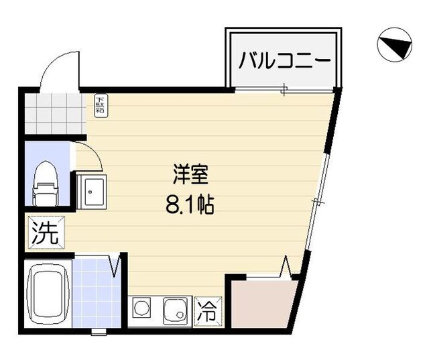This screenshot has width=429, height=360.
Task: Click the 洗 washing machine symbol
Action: pos(46,233)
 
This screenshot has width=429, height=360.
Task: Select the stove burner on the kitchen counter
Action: pos(142,310)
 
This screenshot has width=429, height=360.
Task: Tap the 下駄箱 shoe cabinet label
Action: pos(101,105)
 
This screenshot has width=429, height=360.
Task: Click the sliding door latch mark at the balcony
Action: pos(286,90)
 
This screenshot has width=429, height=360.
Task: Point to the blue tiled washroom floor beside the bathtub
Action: pos(93,295)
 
